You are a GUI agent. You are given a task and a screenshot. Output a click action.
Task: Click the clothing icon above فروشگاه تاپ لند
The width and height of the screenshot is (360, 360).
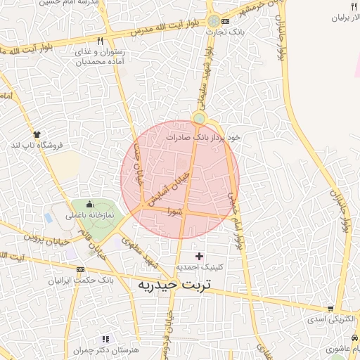coord(36,133)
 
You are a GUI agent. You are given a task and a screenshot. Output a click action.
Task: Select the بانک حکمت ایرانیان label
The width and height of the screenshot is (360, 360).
coord(80,280)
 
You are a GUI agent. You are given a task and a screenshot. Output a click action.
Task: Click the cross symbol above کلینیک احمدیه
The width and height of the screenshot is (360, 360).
coord(199,257)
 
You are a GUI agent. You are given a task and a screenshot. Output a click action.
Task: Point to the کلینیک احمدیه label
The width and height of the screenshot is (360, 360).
coord(199,267)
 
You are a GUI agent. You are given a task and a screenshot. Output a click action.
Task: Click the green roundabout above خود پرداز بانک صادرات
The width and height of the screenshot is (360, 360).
coord(200,117)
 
